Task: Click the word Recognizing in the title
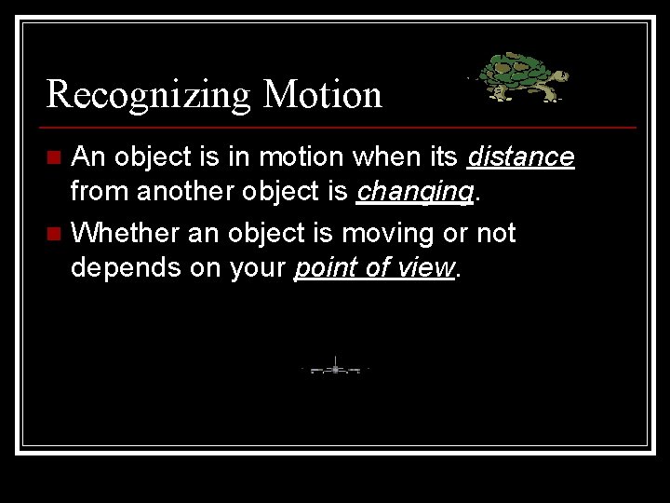148,94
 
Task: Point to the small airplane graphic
335,369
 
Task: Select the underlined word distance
520,157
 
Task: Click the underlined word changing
414,192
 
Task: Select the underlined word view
425,267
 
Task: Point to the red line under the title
341,127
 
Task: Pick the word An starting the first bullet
89,157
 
